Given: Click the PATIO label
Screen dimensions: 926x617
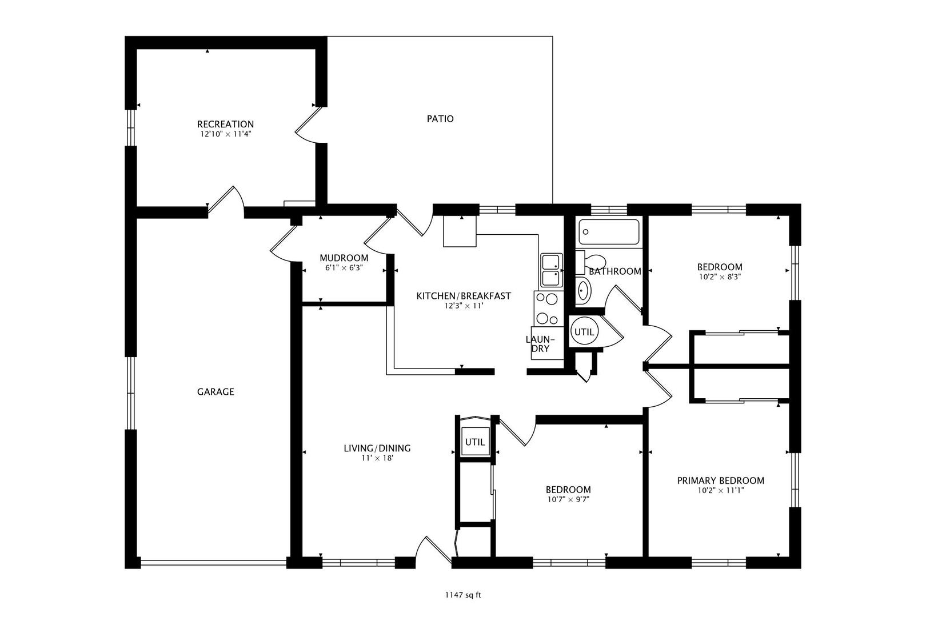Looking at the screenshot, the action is [440, 119].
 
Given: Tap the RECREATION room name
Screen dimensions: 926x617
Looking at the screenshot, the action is [225, 124].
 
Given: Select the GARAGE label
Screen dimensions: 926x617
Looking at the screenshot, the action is [215, 392].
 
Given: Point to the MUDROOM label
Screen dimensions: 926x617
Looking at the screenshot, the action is [344, 258].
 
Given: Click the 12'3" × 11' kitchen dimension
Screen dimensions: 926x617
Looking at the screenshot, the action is [464, 306].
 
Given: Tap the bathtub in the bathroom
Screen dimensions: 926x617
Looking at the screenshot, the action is [609, 232].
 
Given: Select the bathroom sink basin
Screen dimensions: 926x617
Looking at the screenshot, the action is [583, 291].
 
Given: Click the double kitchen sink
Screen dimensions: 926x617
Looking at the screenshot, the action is [551, 270].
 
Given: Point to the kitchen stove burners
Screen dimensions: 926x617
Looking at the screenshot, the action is [548, 308].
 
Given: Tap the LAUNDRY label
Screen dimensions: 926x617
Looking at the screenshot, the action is [540, 344].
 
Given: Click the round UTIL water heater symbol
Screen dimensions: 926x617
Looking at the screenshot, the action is [584, 331].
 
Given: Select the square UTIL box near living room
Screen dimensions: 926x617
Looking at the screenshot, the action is [476, 442].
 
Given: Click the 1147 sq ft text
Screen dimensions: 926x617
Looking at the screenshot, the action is [463, 595].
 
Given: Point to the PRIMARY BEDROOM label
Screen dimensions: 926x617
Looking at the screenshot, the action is [721, 480].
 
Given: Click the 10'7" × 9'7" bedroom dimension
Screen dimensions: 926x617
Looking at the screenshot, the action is [568, 499].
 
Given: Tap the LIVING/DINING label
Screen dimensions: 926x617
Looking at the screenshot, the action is [377, 448].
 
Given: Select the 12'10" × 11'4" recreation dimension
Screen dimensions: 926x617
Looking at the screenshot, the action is [226, 134].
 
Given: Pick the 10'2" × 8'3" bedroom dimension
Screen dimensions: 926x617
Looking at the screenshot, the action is [720, 277].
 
